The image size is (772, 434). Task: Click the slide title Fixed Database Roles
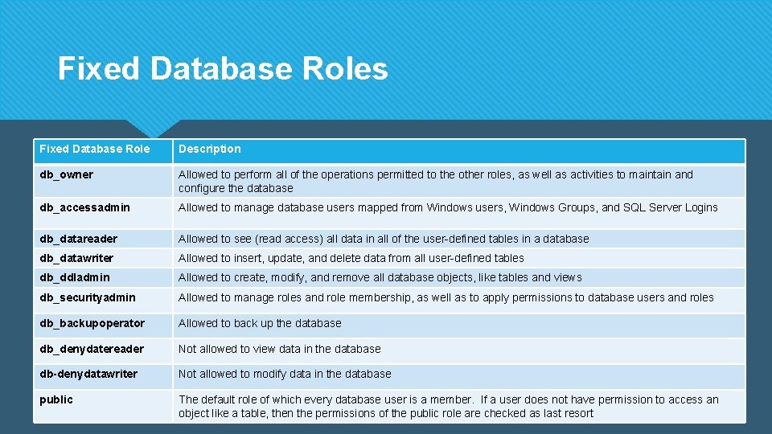[x=223, y=69]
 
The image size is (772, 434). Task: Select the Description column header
[x=209, y=149]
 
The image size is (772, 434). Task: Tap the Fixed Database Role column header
[x=94, y=149]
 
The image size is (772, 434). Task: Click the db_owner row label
[x=66, y=174]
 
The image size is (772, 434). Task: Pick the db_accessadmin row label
[x=84, y=207]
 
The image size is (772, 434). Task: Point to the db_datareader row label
[x=79, y=239]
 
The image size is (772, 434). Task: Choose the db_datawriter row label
[x=76, y=258]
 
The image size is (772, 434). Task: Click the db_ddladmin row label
[x=75, y=277]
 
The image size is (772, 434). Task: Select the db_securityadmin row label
[x=88, y=297]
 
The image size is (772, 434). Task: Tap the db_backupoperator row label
[x=92, y=323]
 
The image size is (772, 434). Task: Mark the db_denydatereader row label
[x=92, y=349]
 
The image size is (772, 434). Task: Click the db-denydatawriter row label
[x=88, y=374]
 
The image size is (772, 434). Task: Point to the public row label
[x=56, y=399]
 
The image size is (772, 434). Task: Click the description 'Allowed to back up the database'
[x=260, y=323]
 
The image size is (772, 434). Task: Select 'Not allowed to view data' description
[x=280, y=349]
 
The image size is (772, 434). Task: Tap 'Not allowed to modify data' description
[x=285, y=374]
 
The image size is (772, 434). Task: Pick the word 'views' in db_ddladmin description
[x=567, y=277]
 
